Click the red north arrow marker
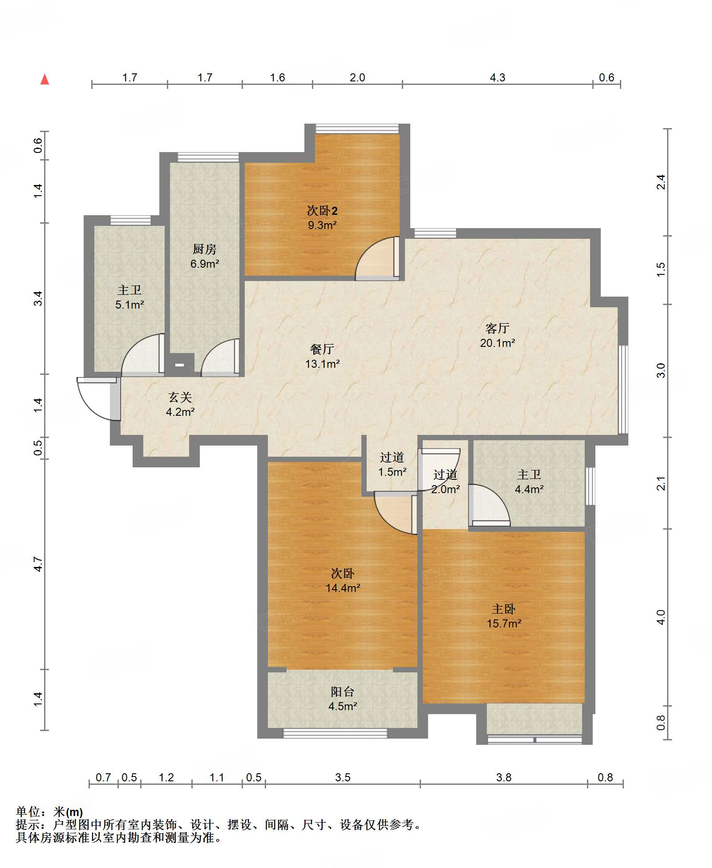point(44,80)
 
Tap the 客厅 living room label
point(498,329)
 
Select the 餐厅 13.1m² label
point(323,357)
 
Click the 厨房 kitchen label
point(205,249)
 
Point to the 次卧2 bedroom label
point(323,211)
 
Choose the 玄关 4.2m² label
point(180,405)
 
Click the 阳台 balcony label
point(343,691)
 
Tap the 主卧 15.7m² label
point(504,616)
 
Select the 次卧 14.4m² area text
point(343,588)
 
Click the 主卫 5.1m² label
point(129,297)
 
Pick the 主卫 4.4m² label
point(529,482)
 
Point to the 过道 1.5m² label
point(392,465)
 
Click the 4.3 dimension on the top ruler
point(498,78)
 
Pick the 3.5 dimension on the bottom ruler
point(343,778)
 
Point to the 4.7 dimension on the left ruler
point(39,564)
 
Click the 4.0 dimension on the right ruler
point(661,617)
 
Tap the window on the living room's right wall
point(623,390)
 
